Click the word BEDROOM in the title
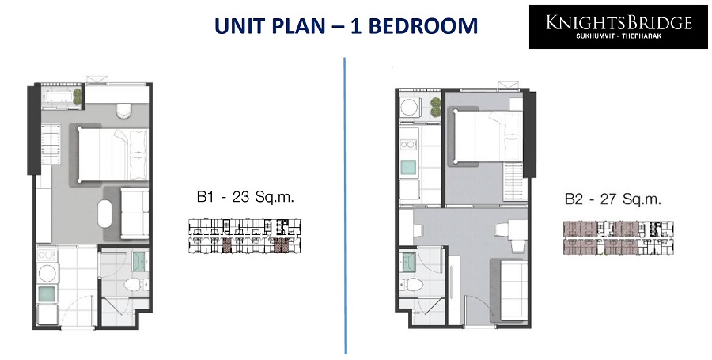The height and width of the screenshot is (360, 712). pyautogui.click(x=422, y=26)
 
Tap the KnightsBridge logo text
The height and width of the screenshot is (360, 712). pyautogui.click(x=619, y=22)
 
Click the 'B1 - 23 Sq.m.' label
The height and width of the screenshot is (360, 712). pyautogui.click(x=246, y=198)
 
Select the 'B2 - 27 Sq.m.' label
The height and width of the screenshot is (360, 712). pyautogui.click(x=613, y=199)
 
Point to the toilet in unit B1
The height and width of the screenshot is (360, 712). pyautogui.click(x=134, y=285)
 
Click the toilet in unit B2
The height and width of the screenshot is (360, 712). pyautogui.click(x=412, y=285)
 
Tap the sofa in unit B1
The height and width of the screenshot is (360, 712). pyautogui.click(x=134, y=213)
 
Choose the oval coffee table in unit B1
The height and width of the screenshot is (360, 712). pyautogui.click(x=104, y=214)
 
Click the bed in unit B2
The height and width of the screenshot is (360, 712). pyautogui.click(x=488, y=135)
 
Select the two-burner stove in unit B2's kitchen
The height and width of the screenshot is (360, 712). pyautogui.click(x=407, y=145)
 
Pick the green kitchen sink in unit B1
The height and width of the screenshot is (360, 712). pyautogui.click(x=47, y=294)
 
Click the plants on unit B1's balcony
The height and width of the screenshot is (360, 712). pyautogui.click(x=78, y=97)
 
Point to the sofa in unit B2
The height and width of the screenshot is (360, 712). pyautogui.click(x=514, y=289)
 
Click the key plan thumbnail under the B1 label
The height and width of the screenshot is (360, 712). pyautogui.click(x=244, y=236)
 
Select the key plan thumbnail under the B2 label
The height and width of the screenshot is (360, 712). pyautogui.click(x=619, y=238)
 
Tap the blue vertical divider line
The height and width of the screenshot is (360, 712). pyautogui.click(x=345, y=206)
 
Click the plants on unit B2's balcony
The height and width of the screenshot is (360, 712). pyautogui.click(x=436, y=107)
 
